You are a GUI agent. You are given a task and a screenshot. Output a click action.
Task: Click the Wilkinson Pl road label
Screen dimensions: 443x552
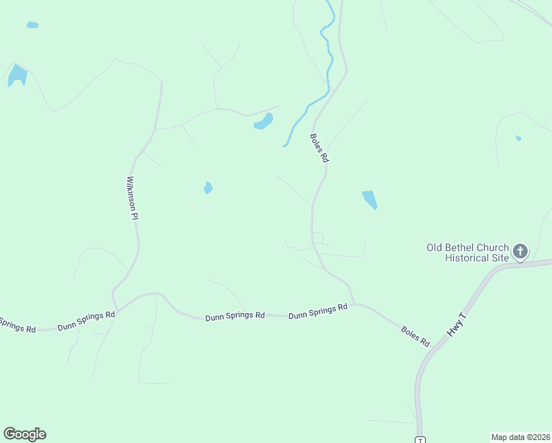(133, 198)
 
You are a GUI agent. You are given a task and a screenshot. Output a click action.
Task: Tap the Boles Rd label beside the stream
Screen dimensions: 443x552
(320, 148)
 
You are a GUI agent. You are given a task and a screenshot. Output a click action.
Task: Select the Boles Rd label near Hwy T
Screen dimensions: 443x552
(415, 336)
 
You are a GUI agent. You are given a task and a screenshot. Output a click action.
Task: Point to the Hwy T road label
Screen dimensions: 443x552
(458, 326)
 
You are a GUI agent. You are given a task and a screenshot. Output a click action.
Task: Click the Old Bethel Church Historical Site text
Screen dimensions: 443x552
(468, 253)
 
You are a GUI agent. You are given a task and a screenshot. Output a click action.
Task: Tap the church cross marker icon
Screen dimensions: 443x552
(520, 252)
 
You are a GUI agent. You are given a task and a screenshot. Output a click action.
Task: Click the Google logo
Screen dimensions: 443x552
(24, 434)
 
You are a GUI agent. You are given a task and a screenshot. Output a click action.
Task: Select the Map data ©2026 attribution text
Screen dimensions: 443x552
(520, 436)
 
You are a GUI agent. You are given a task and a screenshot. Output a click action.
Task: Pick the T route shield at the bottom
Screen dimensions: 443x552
(420, 440)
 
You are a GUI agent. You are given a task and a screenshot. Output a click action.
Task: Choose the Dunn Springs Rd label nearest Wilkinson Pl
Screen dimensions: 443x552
(87, 319)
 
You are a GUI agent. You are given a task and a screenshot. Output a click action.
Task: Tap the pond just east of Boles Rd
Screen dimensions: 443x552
(370, 199)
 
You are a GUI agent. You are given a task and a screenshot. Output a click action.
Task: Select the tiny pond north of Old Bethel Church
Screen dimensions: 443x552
(519, 138)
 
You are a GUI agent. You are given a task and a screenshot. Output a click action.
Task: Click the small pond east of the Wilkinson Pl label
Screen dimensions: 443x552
(208, 188)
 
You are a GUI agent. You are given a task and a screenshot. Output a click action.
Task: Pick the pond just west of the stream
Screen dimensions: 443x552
(263, 122)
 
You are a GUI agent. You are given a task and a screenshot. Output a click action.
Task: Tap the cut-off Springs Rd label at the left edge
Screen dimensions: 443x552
(17, 325)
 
